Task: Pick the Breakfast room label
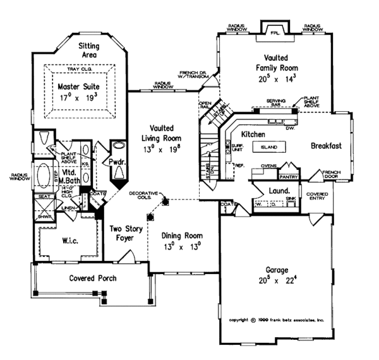326,145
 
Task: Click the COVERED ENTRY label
316,197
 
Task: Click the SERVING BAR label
277,103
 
